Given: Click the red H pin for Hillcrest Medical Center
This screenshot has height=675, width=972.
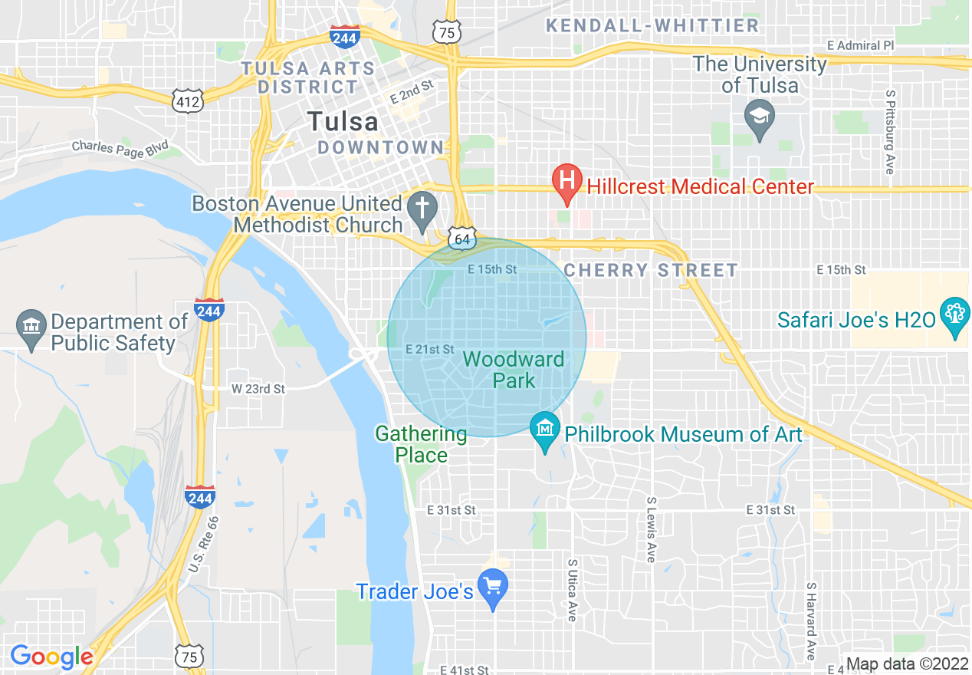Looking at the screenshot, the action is pyautogui.click(x=566, y=182).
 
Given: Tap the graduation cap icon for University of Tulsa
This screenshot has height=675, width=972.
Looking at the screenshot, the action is pyautogui.click(x=759, y=117).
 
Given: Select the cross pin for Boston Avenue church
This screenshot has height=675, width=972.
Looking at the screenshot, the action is pyautogui.click(x=422, y=208).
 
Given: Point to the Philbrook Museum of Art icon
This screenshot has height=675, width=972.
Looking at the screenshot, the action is pyautogui.click(x=545, y=430).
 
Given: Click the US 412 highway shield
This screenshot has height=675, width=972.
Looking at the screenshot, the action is pyautogui.click(x=188, y=100).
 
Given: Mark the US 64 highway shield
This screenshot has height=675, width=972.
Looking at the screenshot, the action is pyautogui.click(x=461, y=239).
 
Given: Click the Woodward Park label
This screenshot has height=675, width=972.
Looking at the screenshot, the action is pyautogui.click(x=514, y=369).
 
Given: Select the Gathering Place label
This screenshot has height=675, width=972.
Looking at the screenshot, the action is pyautogui.click(x=421, y=444).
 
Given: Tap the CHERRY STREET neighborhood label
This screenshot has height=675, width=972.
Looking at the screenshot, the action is pyautogui.click(x=651, y=270).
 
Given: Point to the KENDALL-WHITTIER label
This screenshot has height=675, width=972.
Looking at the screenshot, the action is pyautogui.click(x=652, y=25).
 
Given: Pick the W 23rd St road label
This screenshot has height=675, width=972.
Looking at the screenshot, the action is pyautogui.click(x=258, y=389).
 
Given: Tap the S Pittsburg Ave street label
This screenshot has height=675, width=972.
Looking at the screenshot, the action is pyautogui.click(x=889, y=132).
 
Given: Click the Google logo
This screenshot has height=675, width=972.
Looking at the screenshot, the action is pyautogui.click(x=51, y=657).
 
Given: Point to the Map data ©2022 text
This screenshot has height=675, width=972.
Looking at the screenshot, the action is pyautogui.click(x=906, y=664).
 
